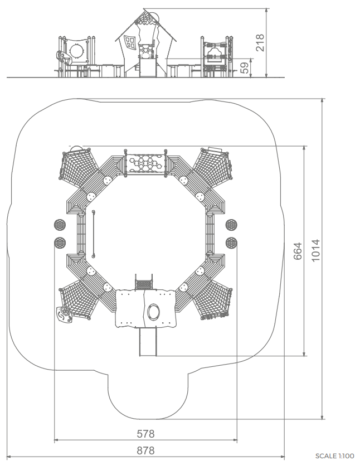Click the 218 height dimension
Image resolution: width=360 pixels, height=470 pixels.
260,42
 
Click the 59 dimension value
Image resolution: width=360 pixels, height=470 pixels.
245,68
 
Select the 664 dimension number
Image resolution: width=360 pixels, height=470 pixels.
298,251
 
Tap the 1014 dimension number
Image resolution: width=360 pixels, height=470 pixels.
315,250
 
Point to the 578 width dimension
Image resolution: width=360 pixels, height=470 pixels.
145,433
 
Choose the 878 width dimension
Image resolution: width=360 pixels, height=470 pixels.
145,450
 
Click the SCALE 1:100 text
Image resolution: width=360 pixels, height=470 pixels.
334,456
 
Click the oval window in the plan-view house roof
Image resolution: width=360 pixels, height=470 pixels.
154,312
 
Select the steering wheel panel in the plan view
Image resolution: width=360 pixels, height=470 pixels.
64,314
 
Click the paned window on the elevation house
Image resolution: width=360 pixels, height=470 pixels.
130,41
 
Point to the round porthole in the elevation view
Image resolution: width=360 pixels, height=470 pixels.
76,51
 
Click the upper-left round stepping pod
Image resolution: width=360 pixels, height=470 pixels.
60,225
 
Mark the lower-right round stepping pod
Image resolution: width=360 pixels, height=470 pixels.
231,243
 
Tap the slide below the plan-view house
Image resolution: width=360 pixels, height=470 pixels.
148,342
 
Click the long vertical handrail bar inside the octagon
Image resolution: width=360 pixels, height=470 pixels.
94,234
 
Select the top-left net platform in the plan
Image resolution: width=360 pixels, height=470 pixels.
79,166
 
